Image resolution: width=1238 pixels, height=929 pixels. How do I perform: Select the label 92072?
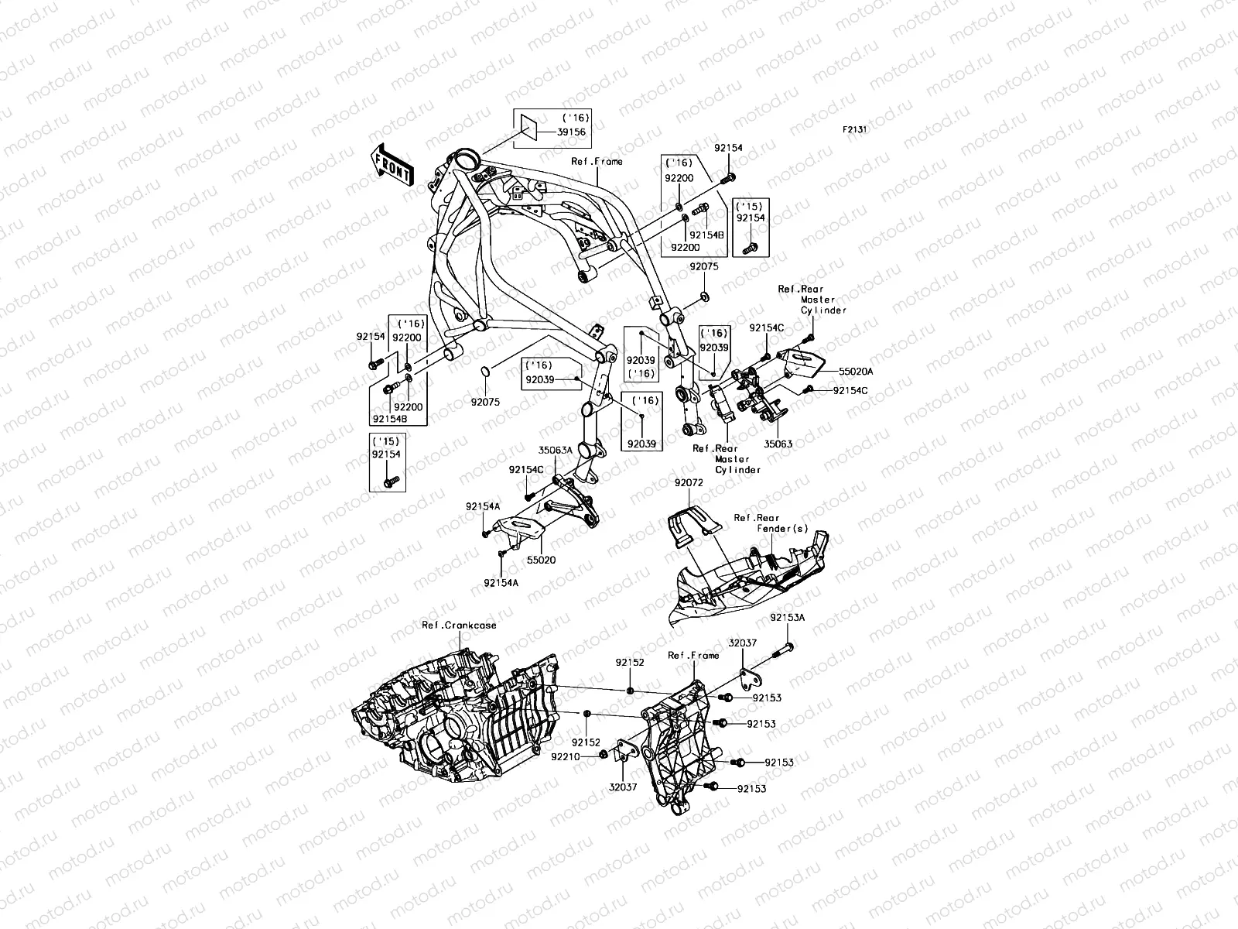687,482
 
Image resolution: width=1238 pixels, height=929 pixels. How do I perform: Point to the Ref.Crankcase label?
459,625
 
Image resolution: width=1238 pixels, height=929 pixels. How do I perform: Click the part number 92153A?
787,618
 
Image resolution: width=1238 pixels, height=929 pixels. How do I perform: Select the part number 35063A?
556,449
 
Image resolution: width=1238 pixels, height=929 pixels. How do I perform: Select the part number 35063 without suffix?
778,444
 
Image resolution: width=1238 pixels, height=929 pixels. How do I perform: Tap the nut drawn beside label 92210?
603,754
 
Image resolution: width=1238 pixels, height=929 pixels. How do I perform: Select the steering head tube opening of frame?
468,162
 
